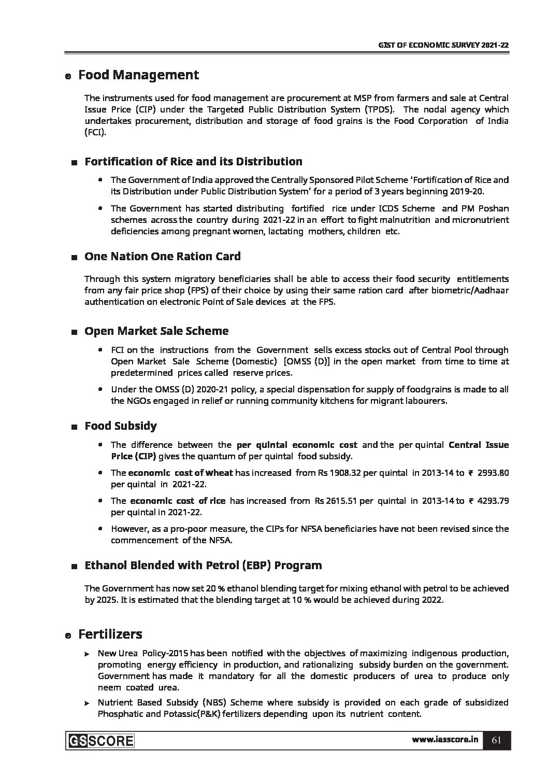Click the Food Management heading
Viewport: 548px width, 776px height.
138,75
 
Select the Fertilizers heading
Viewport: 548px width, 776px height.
110,634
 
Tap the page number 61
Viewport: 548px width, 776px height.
496,740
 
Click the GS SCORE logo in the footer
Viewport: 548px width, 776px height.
100,741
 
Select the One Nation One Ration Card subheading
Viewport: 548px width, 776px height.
162,256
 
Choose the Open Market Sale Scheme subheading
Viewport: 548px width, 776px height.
156,331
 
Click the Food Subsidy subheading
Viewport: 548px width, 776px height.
120,426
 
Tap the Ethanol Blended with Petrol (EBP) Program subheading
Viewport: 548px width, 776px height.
203,565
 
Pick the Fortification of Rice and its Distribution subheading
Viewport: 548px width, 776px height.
193,161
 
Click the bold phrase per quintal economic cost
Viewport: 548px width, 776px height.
296,445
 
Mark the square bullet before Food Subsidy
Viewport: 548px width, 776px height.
75,427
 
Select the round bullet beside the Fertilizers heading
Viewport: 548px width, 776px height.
67,636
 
